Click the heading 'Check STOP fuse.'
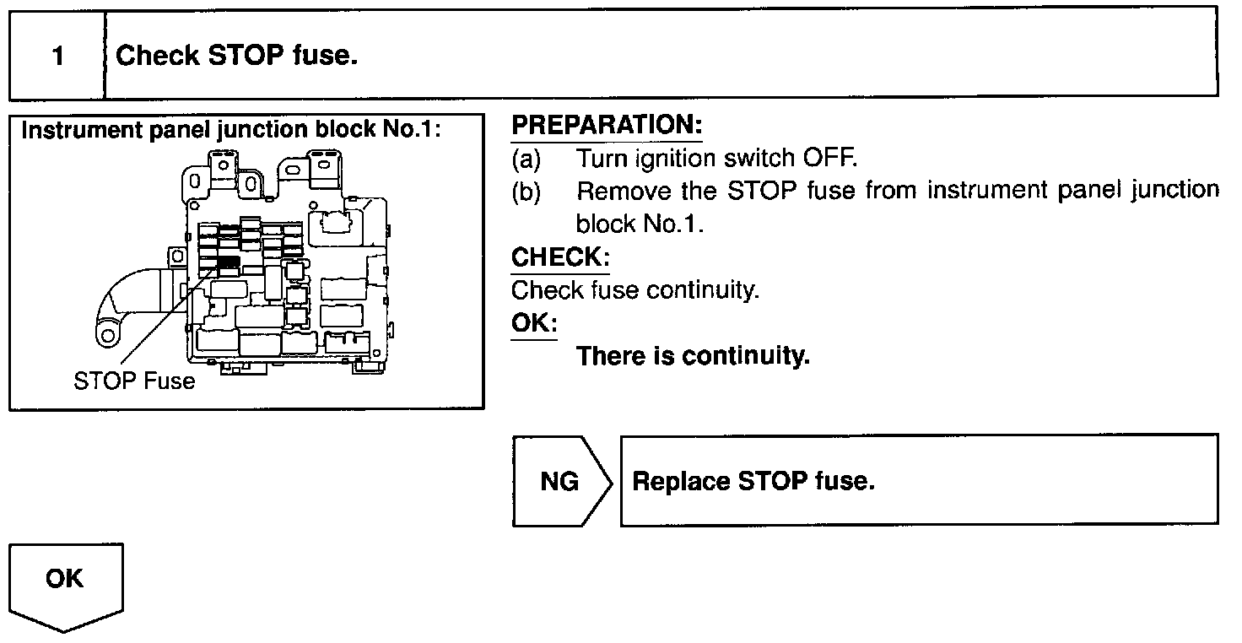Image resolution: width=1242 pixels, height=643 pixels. tap(237, 57)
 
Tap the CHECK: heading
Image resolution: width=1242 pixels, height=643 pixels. tap(560, 257)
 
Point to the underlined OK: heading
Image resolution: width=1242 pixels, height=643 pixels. tap(533, 323)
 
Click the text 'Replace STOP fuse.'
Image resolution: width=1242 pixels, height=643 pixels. tap(753, 482)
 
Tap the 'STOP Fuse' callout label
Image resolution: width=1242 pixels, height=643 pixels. tap(134, 381)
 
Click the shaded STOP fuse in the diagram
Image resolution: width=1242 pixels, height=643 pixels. tap(228, 263)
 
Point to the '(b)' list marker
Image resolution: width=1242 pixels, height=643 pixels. tap(526, 191)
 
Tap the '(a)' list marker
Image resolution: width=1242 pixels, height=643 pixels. tap(526, 158)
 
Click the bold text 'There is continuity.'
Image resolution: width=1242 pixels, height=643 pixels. tap(693, 356)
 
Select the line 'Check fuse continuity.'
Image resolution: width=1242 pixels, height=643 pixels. tap(635, 290)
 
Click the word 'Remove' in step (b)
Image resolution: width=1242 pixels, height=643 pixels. tap(624, 191)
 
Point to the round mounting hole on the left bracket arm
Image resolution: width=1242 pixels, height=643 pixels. tap(107, 335)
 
